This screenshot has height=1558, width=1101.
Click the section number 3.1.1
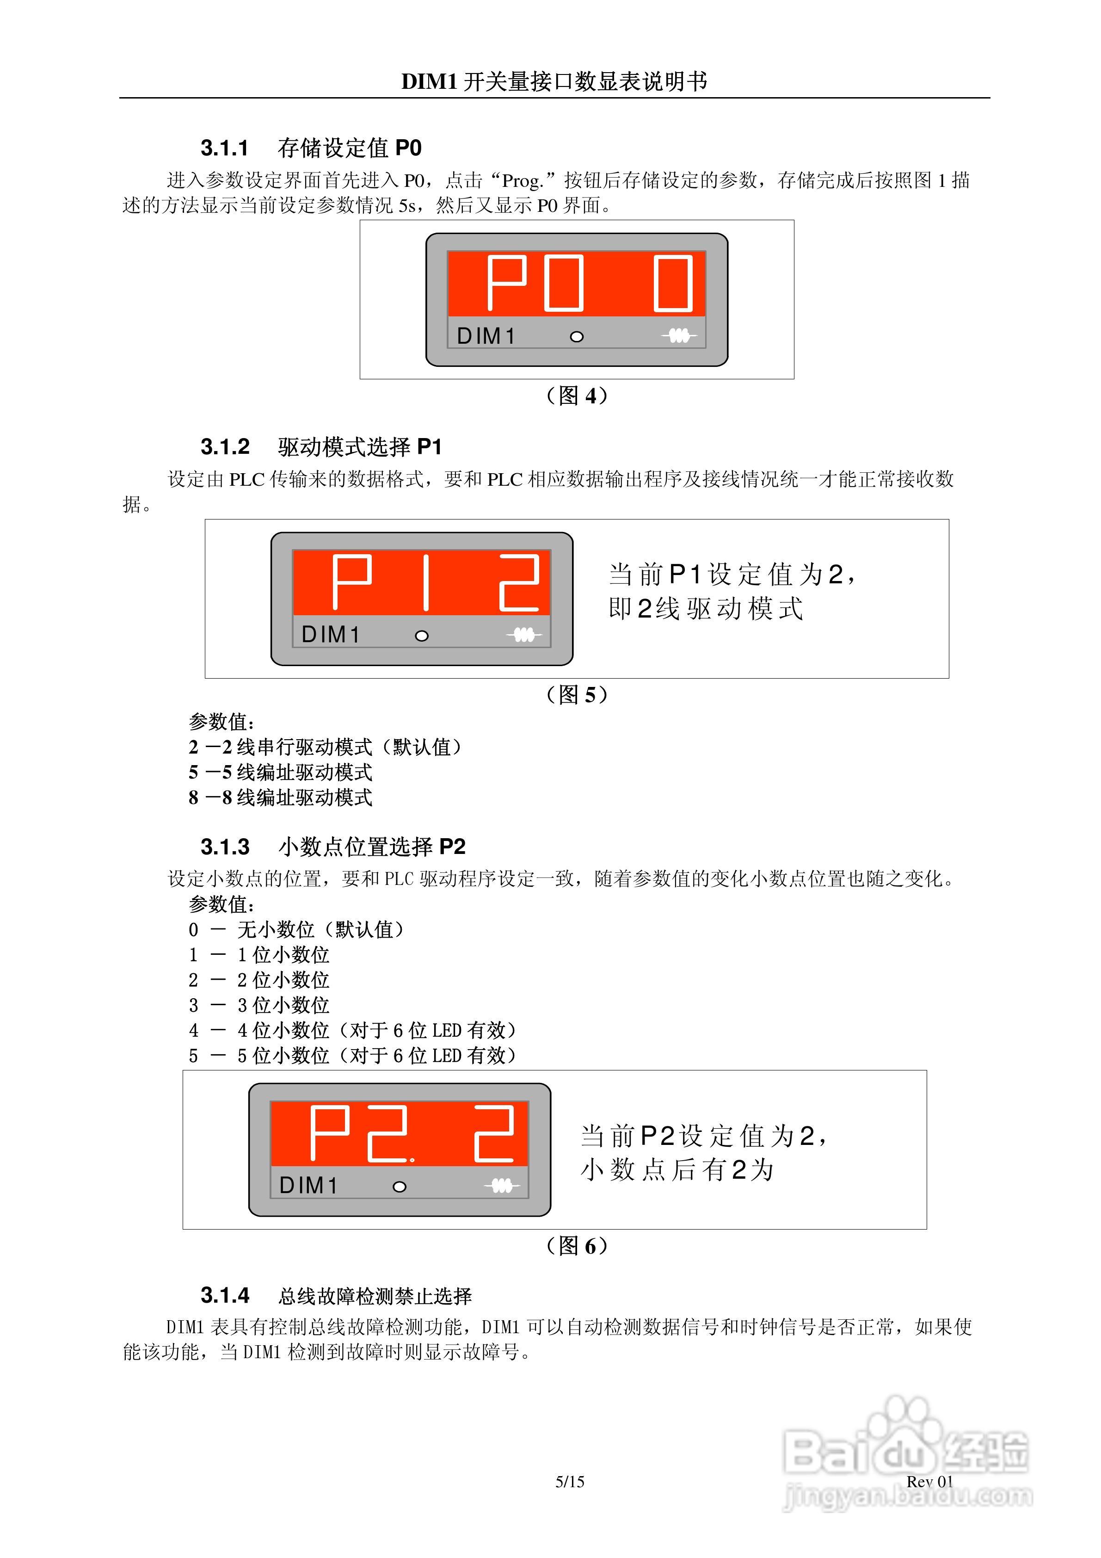click(225, 148)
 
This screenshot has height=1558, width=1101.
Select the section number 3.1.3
click(225, 847)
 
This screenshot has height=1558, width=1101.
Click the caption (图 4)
click(576, 396)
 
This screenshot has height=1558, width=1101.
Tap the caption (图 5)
click(576, 694)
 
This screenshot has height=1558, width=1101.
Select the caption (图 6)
click(576, 1246)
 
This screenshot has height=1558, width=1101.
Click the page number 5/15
click(570, 1481)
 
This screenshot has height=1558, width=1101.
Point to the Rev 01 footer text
click(929, 1481)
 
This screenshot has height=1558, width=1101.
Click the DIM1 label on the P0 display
click(486, 336)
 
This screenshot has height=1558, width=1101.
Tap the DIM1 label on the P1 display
click(330, 635)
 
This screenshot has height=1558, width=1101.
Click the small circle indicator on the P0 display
click(577, 337)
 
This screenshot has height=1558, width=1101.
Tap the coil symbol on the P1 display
click(524, 635)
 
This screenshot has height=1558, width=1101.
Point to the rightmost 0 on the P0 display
click(673, 284)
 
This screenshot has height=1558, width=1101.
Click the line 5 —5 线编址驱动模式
click(280, 772)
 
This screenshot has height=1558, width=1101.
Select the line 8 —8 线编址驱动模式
click(280, 798)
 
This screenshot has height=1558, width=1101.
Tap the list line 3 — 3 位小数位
click(258, 1005)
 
